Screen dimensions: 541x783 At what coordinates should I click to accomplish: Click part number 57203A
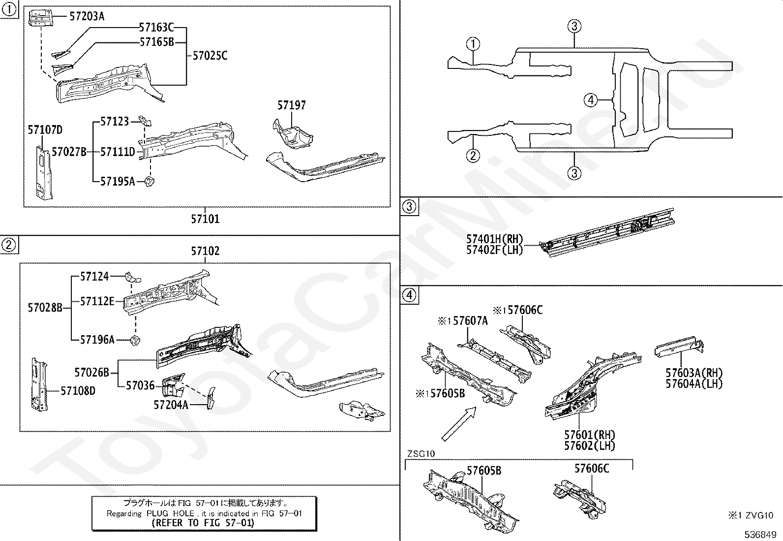(87, 16)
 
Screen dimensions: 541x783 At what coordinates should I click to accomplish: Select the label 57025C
(210, 56)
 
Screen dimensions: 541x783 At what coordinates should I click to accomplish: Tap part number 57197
(291, 105)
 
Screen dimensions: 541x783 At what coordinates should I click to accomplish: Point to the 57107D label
(45, 130)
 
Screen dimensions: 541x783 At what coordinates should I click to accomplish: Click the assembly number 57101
(205, 219)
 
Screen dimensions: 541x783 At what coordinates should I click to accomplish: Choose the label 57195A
(118, 182)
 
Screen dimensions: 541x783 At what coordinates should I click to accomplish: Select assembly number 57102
(205, 251)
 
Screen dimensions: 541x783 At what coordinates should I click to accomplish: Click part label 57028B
(45, 308)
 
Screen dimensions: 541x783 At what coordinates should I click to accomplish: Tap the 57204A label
(171, 405)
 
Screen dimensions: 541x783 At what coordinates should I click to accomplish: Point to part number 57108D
(78, 391)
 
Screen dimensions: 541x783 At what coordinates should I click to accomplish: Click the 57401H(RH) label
(495, 239)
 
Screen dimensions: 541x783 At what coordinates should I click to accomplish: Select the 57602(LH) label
(590, 446)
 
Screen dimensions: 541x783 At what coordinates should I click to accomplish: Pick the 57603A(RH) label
(694, 373)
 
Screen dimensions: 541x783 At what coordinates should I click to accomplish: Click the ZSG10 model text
(421, 454)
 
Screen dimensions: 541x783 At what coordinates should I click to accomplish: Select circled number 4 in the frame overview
(591, 100)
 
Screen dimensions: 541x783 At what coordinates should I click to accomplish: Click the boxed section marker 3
(409, 206)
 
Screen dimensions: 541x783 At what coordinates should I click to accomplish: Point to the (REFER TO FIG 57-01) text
(203, 523)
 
